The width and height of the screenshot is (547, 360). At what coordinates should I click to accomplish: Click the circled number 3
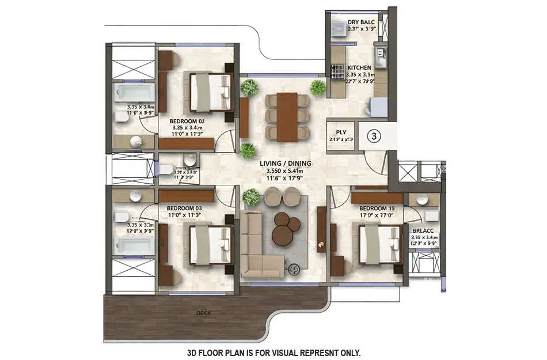coord(374,137)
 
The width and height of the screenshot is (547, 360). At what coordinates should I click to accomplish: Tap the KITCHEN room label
coord(359,68)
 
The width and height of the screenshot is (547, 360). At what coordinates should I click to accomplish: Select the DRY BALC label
coord(361,23)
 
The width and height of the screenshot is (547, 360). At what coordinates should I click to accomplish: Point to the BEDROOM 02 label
coord(187,122)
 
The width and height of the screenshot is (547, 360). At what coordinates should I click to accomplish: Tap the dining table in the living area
coord(287,116)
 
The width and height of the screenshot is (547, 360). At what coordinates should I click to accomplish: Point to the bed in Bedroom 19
coord(378,244)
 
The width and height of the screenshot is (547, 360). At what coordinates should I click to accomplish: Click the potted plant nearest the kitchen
coord(318,88)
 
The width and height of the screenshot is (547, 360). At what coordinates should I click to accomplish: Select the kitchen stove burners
coord(336,71)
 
